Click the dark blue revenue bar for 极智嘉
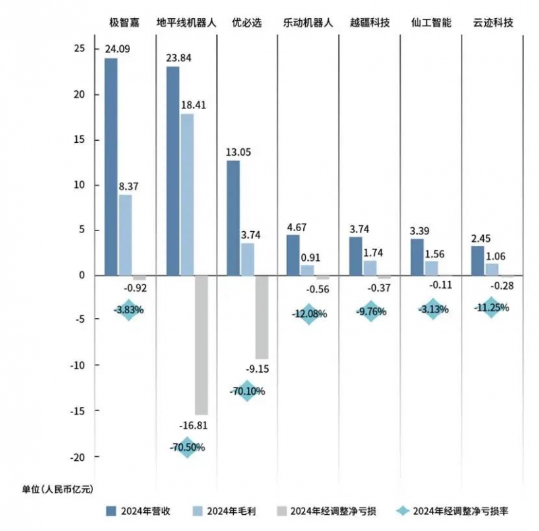pyautogui.click(x=110, y=166)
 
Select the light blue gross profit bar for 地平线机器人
pyautogui.click(x=187, y=194)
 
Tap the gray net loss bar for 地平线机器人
pyautogui.click(x=201, y=344)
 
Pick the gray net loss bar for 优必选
pyautogui.click(x=261, y=317)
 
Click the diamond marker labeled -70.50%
pyautogui.click(x=187, y=447)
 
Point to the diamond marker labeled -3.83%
pyautogui.click(x=129, y=310)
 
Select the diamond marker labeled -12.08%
pyautogui.click(x=309, y=313)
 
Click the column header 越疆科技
pyautogui.click(x=369, y=22)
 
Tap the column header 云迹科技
pyautogui.click(x=493, y=22)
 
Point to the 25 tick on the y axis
pyautogui.click(x=80, y=49)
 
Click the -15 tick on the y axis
pyautogui.click(x=76, y=410)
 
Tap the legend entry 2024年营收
pyautogui.click(x=137, y=511)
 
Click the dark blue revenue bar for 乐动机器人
pyautogui.click(x=292, y=255)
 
